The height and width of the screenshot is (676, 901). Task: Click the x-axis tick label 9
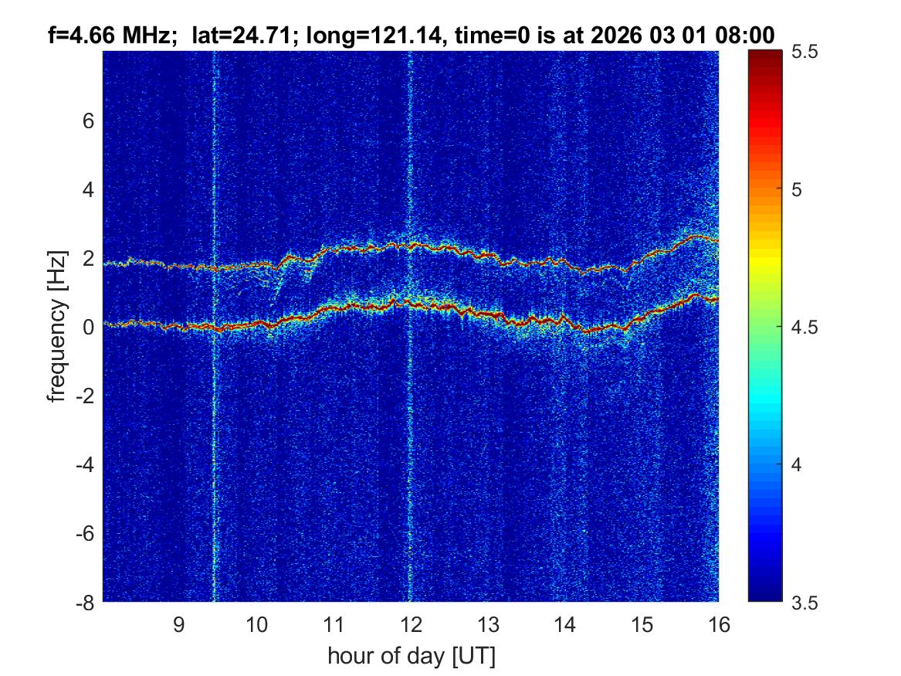pos(178,624)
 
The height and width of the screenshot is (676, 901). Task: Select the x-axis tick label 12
pos(410,624)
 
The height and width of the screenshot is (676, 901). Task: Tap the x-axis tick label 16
pos(719,624)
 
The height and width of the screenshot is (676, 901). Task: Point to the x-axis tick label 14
pos(564,624)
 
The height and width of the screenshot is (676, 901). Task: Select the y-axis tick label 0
pos(89,327)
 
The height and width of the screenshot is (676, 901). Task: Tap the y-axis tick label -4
pos(84,464)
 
